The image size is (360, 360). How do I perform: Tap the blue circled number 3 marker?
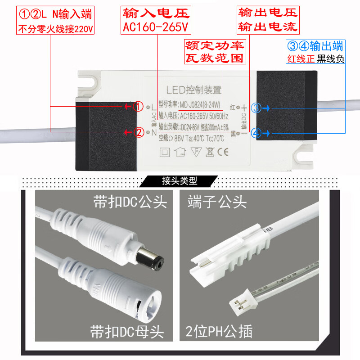[256, 108]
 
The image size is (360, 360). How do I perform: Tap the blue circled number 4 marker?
[256, 133]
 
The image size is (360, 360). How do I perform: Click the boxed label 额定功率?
[215, 45]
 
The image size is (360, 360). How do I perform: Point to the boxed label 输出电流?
[268, 27]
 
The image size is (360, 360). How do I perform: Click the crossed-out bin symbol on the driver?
[209, 151]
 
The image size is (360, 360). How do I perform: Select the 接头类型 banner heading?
[180, 181]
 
